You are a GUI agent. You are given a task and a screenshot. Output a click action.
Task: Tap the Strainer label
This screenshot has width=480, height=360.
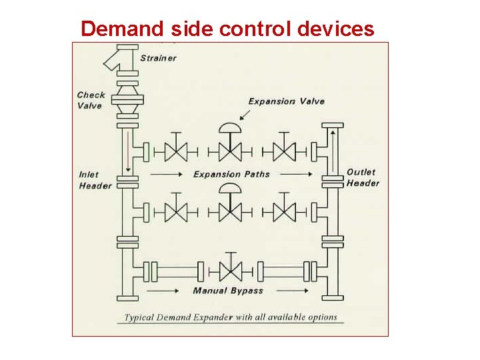click(158, 58)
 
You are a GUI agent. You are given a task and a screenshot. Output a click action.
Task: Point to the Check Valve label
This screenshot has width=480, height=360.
click(90, 100)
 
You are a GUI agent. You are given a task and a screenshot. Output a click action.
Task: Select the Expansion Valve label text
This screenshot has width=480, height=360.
click(286, 101)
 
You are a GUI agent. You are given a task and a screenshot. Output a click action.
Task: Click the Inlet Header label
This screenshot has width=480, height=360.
click(95, 180)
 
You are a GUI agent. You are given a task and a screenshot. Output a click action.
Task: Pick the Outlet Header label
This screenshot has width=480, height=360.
click(363, 177)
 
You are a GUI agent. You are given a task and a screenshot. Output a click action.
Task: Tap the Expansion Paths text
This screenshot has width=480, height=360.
click(231, 175)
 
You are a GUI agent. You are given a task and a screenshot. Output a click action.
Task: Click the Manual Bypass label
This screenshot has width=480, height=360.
click(228, 291)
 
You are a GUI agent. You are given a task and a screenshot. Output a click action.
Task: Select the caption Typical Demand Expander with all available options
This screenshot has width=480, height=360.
click(230, 317)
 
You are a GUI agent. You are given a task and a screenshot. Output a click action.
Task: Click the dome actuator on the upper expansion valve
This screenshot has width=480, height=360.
click(230, 129)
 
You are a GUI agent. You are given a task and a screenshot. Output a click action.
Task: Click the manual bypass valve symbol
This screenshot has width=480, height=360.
click(230, 271)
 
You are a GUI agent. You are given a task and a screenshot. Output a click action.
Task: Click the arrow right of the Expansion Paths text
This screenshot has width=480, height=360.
click(295, 175)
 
